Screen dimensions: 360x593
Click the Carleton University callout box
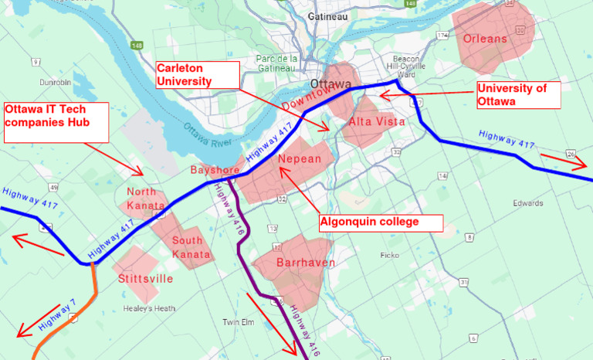196,75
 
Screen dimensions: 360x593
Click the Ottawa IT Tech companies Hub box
56,122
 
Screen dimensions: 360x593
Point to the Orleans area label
485,38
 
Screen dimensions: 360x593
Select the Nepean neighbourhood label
299,160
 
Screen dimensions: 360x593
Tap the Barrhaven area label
293,263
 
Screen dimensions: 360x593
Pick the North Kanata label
146,199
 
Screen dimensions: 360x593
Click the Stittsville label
144,278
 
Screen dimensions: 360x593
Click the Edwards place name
527,203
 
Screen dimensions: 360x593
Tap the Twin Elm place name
238,322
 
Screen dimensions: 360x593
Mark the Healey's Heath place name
149,308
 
